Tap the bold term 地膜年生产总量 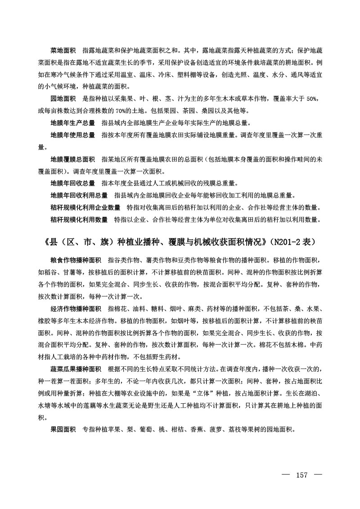click(72, 123)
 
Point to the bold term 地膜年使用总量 click(72, 135)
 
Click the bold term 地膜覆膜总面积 click(72, 159)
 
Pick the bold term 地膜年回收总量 click(72, 184)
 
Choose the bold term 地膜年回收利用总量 click(78, 196)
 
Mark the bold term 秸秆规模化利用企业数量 click(85, 208)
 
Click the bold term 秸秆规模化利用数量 click(78, 220)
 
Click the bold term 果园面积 click(63, 429)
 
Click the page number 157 click(301, 476)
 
